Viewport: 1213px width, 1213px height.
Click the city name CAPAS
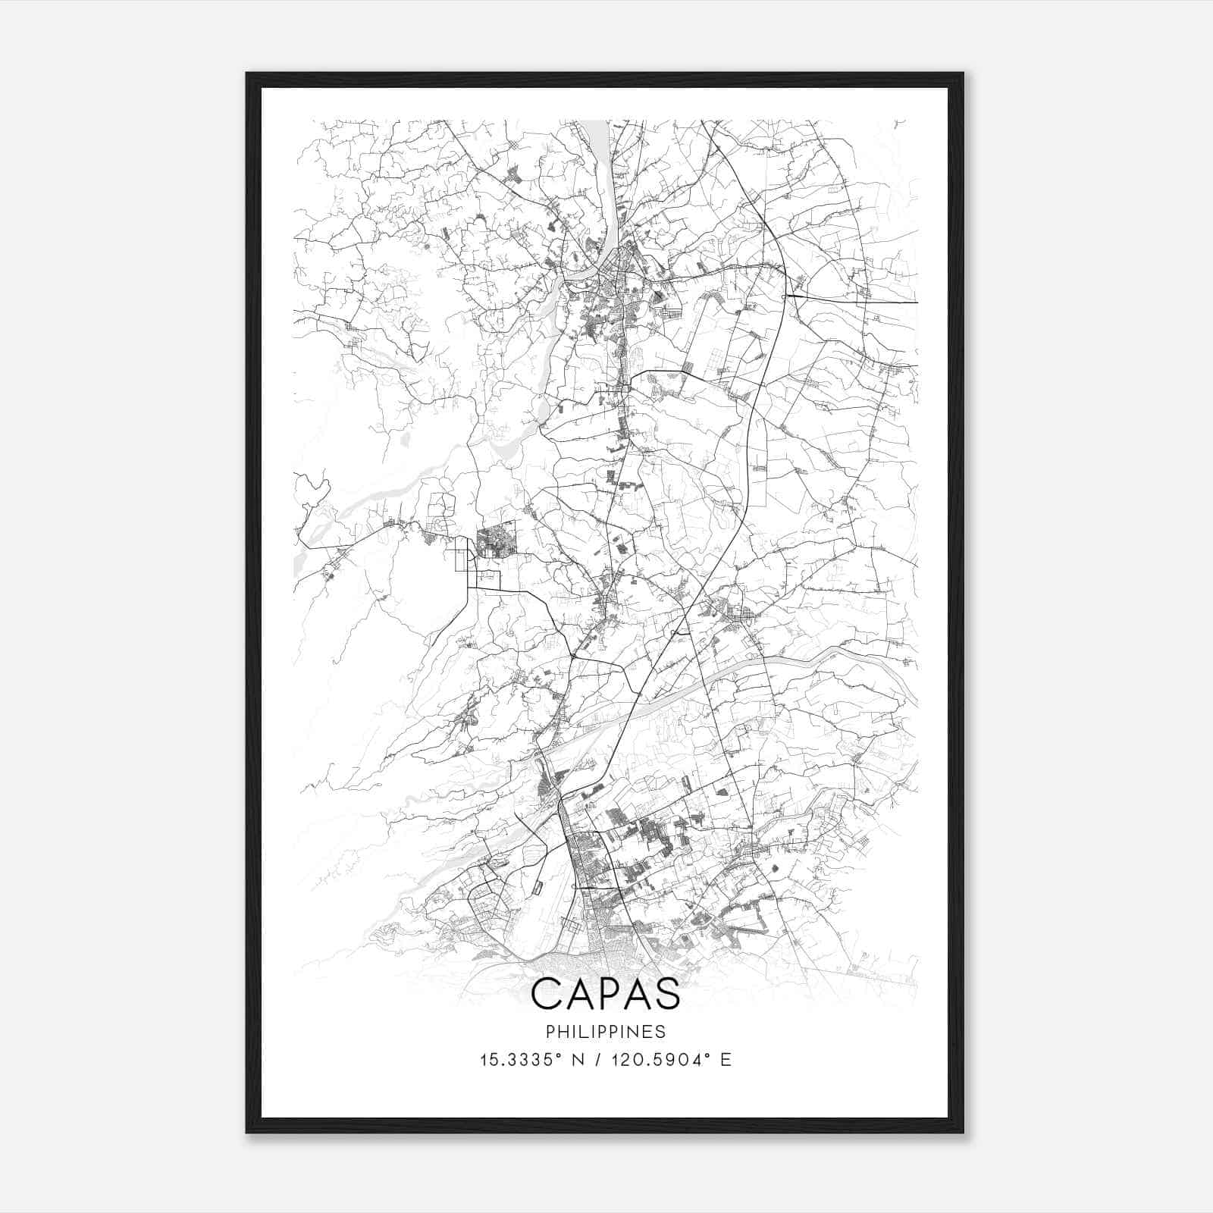[x=606, y=994]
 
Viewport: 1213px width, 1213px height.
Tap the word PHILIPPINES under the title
[x=606, y=1032]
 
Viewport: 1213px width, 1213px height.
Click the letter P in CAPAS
[x=606, y=994]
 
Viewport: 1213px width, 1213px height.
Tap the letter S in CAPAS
[x=667, y=994]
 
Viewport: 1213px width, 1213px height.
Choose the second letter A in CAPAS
[x=637, y=994]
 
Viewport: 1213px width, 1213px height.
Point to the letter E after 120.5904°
[x=726, y=1060]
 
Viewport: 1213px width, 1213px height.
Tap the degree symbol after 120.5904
[x=710, y=1055]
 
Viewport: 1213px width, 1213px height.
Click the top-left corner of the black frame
[x=247, y=74]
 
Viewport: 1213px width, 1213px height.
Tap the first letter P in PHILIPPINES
[x=549, y=1032]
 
